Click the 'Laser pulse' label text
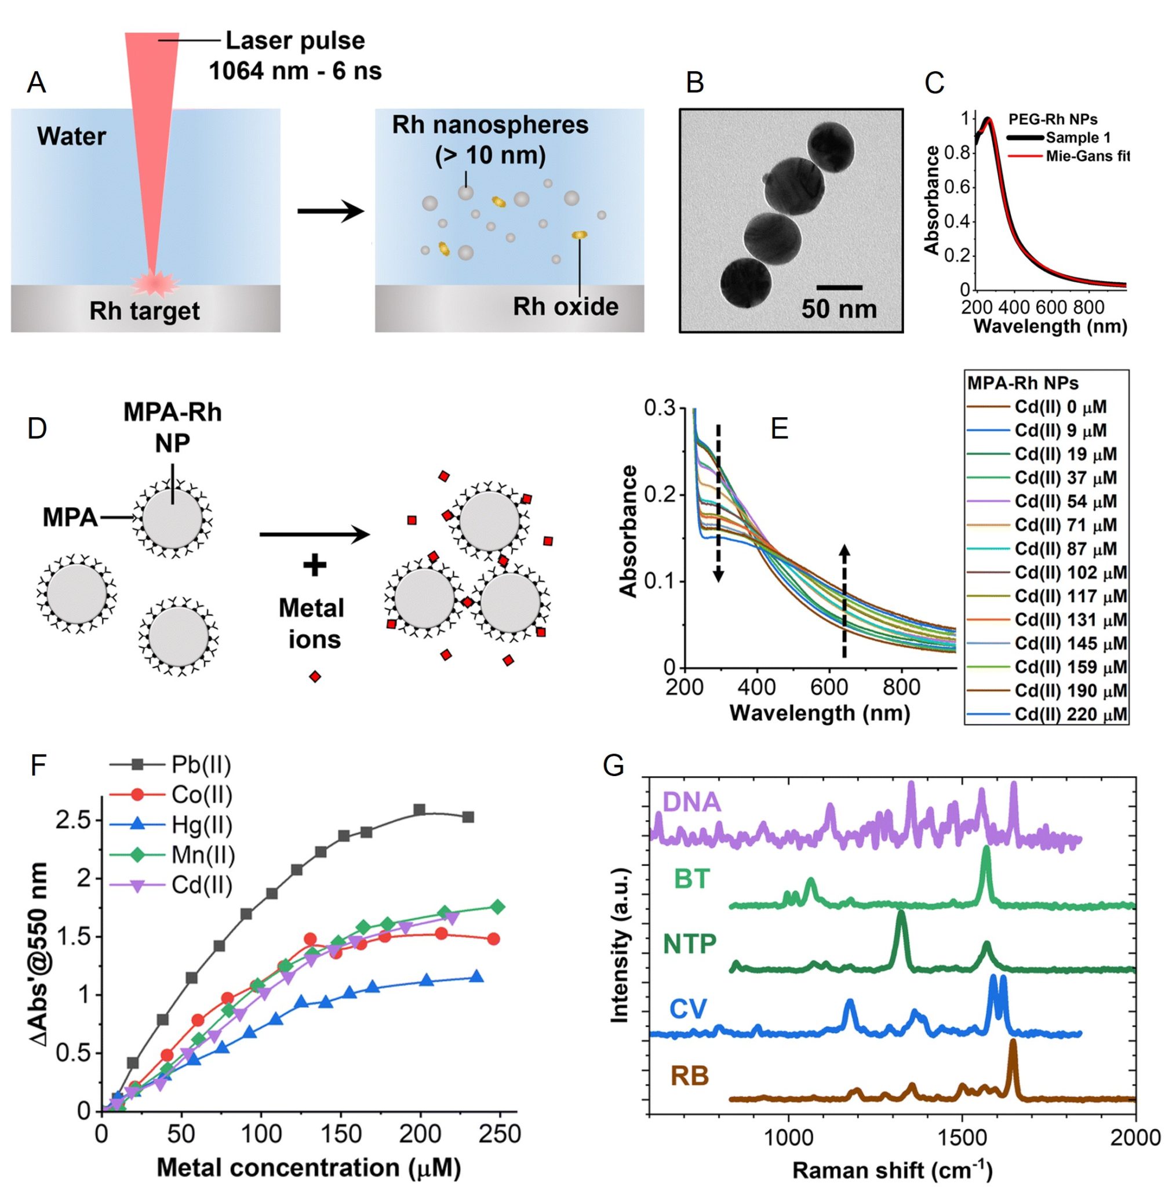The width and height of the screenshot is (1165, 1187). [x=295, y=41]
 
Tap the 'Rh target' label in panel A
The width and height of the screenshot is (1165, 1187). [x=144, y=311]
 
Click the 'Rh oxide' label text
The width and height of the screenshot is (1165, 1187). [x=565, y=307]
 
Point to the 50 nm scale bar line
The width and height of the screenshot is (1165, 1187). [x=839, y=287]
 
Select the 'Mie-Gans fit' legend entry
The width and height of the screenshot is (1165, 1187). [x=1087, y=156]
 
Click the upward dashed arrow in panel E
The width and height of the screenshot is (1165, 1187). [x=844, y=600]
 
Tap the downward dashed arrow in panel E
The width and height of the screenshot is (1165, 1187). [x=718, y=502]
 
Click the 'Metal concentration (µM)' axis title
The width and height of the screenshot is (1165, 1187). [x=308, y=1167]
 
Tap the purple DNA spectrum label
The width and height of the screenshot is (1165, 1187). [x=691, y=802]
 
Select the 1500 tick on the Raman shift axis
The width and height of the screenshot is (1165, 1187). [x=962, y=1137]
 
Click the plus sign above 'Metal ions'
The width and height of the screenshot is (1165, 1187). [x=315, y=566]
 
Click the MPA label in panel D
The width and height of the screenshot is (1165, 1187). [x=70, y=518]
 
